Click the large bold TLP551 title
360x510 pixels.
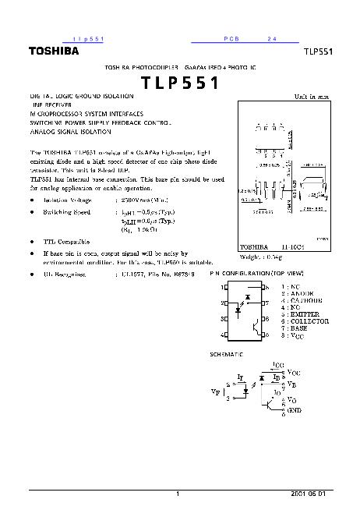(x=180, y=83)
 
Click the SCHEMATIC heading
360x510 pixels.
(x=227, y=354)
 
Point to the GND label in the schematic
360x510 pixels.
(x=295, y=409)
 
